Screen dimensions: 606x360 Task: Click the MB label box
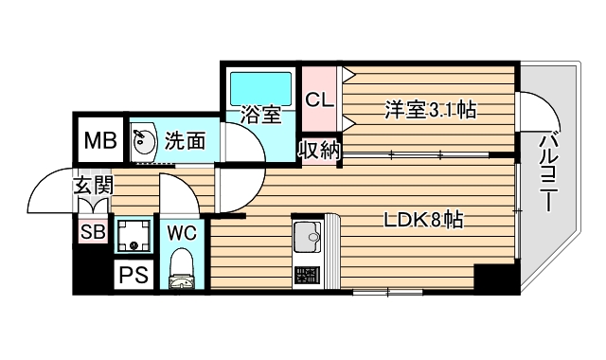98,142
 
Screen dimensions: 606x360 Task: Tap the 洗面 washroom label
185,142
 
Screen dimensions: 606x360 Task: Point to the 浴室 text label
261,117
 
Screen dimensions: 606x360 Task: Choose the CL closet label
318,99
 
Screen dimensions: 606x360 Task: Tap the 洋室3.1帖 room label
430,110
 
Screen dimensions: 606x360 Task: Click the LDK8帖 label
422,221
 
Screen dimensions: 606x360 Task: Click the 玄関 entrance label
93,186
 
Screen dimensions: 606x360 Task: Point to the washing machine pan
134,237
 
